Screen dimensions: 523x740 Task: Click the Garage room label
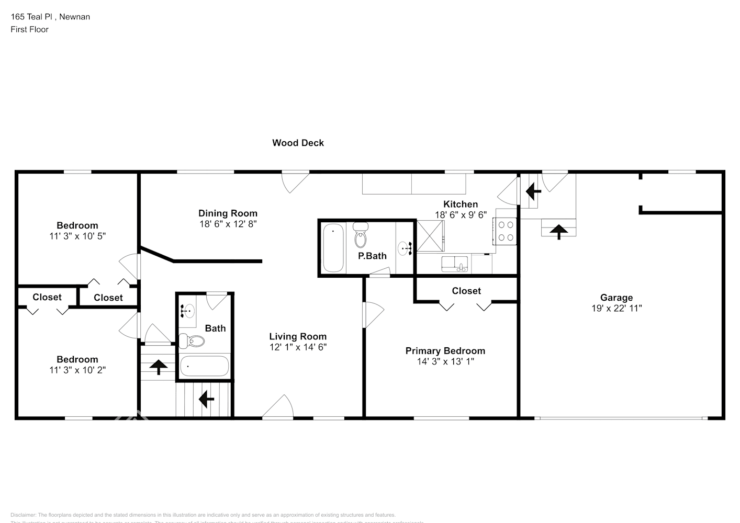616,298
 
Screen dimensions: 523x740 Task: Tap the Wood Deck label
298,143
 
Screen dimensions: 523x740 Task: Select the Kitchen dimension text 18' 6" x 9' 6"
461,214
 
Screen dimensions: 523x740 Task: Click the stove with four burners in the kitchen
506,231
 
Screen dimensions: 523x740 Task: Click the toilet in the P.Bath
361,236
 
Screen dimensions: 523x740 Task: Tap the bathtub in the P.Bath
333,247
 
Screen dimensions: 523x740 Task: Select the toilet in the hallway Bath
191,342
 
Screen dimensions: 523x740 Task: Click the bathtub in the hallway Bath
205,366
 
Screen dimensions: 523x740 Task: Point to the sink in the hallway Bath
187,311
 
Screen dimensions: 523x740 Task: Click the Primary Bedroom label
445,351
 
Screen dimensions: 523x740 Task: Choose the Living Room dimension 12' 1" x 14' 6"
298,347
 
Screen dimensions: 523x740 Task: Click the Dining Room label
228,213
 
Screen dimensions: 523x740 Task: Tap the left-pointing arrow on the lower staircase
206,400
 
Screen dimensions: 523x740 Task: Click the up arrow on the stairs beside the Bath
159,367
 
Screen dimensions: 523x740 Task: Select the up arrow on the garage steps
559,231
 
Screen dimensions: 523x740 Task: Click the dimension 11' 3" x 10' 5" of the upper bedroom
77,236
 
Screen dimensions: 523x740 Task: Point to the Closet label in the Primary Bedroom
466,291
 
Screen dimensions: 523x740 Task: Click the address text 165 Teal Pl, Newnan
50,17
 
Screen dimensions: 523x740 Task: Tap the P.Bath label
372,256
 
